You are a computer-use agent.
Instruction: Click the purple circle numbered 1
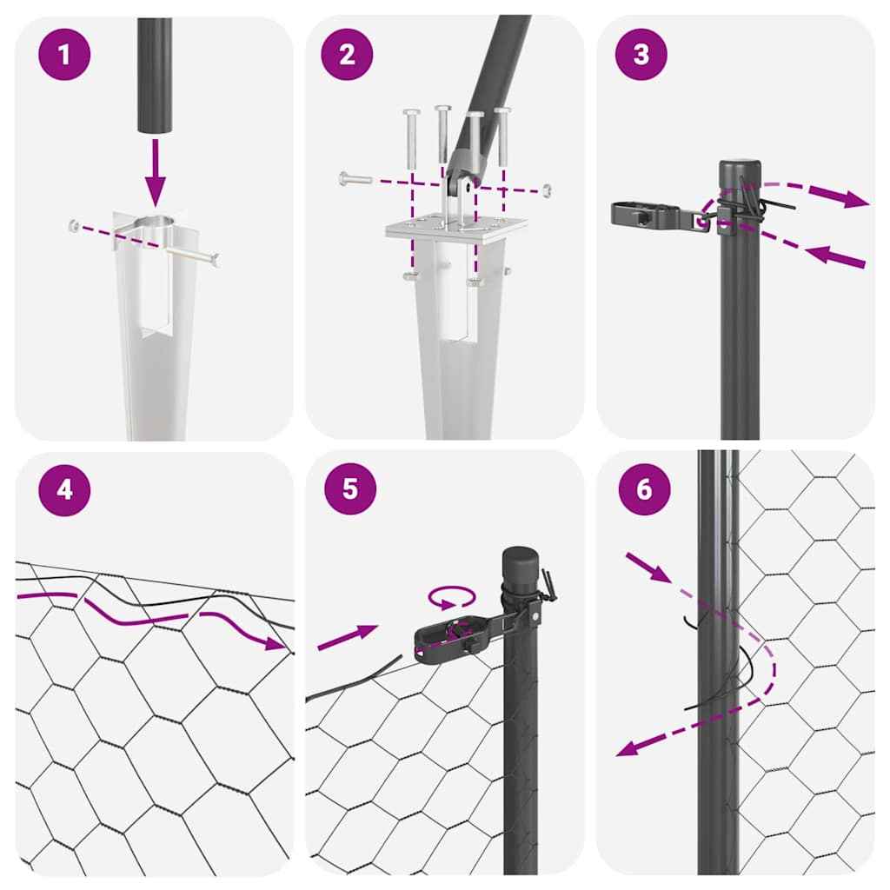tap(63, 55)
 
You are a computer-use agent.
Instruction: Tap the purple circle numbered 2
tap(347, 55)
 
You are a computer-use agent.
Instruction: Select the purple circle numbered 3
tap(641, 55)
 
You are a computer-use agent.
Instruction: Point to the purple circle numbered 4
tap(63, 489)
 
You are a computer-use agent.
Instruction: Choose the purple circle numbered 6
tap(643, 489)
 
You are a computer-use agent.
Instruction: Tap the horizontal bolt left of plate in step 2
tap(355, 179)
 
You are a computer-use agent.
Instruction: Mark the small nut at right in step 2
tap(545, 189)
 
